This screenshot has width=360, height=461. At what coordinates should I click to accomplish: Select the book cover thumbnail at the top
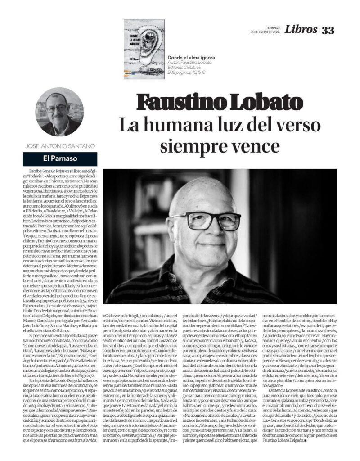click(x=144, y=49)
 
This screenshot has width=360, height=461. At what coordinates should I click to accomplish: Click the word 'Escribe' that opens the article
click(x=36, y=172)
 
